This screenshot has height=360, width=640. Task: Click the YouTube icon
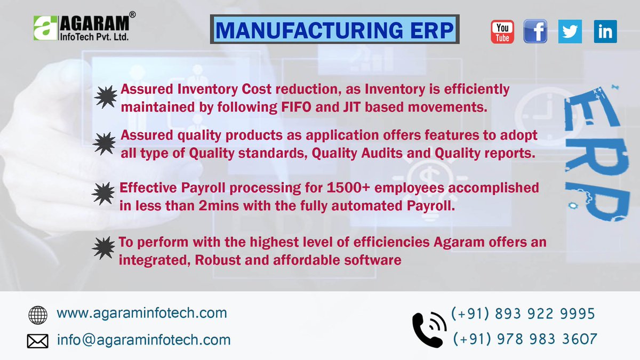(x=502, y=31)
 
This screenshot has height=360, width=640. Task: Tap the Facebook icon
(x=535, y=31)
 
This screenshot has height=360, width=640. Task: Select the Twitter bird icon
(x=570, y=31)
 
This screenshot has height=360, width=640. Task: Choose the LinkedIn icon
(x=605, y=31)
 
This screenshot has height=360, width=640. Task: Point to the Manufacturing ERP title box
(x=335, y=30)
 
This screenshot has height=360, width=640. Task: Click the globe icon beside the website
(x=38, y=315)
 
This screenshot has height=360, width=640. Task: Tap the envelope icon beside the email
(x=38, y=341)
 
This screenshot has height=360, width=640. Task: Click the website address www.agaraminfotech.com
(x=142, y=313)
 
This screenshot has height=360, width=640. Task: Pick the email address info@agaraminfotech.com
(x=144, y=339)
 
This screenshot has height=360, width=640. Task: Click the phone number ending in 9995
(x=523, y=314)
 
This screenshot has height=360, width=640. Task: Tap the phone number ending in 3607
(x=525, y=339)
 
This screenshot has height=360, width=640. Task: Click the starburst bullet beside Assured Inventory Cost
(x=105, y=97)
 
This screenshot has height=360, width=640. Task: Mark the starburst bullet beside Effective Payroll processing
(x=103, y=193)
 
